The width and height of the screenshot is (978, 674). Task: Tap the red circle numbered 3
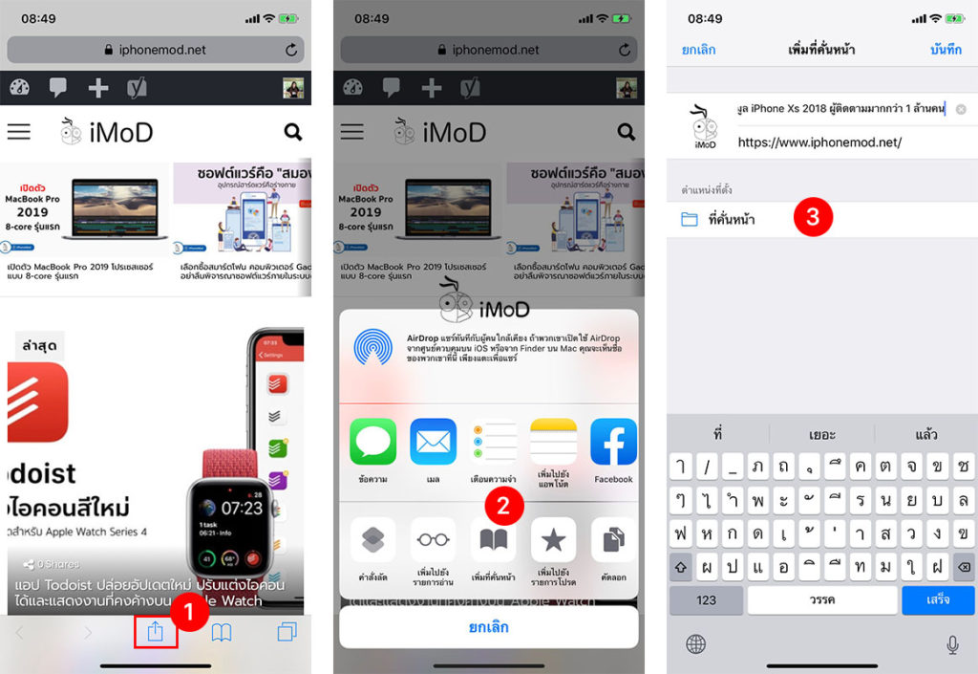click(x=813, y=217)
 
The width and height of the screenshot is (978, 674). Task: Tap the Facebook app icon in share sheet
click(x=613, y=443)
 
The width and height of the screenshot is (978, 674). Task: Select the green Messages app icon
click(x=372, y=443)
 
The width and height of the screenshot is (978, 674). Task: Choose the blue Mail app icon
click(x=433, y=443)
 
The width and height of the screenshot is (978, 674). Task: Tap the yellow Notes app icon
click(x=553, y=443)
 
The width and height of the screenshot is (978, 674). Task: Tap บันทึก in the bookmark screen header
click(x=945, y=50)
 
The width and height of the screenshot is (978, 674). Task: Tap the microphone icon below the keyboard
click(x=952, y=644)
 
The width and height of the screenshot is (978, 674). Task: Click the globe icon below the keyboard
click(x=695, y=644)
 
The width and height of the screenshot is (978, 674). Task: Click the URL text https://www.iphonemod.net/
click(x=819, y=142)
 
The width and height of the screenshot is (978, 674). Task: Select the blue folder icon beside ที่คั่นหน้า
click(x=690, y=220)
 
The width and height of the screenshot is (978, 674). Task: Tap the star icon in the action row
click(x=553, y=541)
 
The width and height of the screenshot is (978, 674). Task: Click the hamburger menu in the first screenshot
click(x=19, y=132)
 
